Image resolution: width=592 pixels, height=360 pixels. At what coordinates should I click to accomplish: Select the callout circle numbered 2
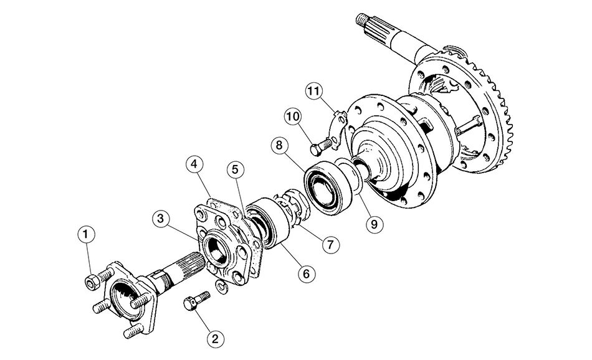click(214, 339)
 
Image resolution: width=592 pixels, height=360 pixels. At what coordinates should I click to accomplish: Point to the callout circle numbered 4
click(195, 165)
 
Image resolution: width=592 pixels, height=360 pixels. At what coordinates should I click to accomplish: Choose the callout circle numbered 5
click(236, 169)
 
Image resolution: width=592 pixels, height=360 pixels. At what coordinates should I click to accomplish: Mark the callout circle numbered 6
click(305, 273)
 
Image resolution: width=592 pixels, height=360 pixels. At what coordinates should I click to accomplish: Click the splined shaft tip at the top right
click(368, 22)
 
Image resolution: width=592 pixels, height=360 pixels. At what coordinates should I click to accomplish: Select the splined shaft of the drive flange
click(180, 269)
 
